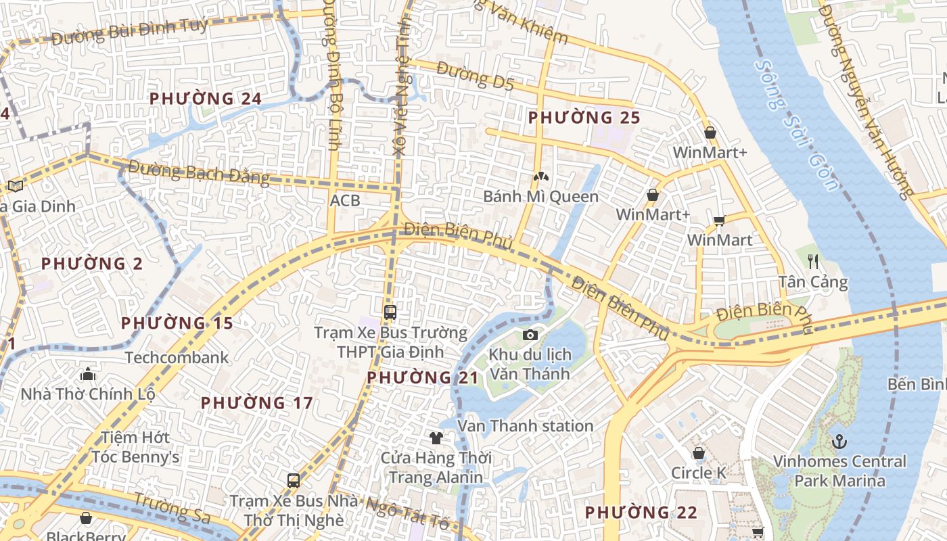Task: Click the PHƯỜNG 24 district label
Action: point(205,99)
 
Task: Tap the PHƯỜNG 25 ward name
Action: point(584,118)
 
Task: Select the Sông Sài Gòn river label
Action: point(798,126)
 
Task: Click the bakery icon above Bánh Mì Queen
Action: point(540,177)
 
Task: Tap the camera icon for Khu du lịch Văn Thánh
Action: point(530,335)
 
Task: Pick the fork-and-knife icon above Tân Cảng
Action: point(813,261)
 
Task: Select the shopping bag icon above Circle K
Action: point(698,453)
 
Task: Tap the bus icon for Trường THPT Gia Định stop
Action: point(390,312)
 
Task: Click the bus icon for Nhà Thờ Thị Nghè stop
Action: point(294,481)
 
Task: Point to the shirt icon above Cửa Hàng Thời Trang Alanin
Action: point(436,438)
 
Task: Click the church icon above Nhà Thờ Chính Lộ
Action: point(88,374)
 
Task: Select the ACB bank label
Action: point(345,201)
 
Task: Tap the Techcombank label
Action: point(177,358)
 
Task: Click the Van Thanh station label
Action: point(526,426)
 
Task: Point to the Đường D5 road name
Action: point(475,76)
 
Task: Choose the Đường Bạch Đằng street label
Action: point(198,172)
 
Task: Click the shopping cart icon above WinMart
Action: point(720,220)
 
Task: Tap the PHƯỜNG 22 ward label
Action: point(641,513)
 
